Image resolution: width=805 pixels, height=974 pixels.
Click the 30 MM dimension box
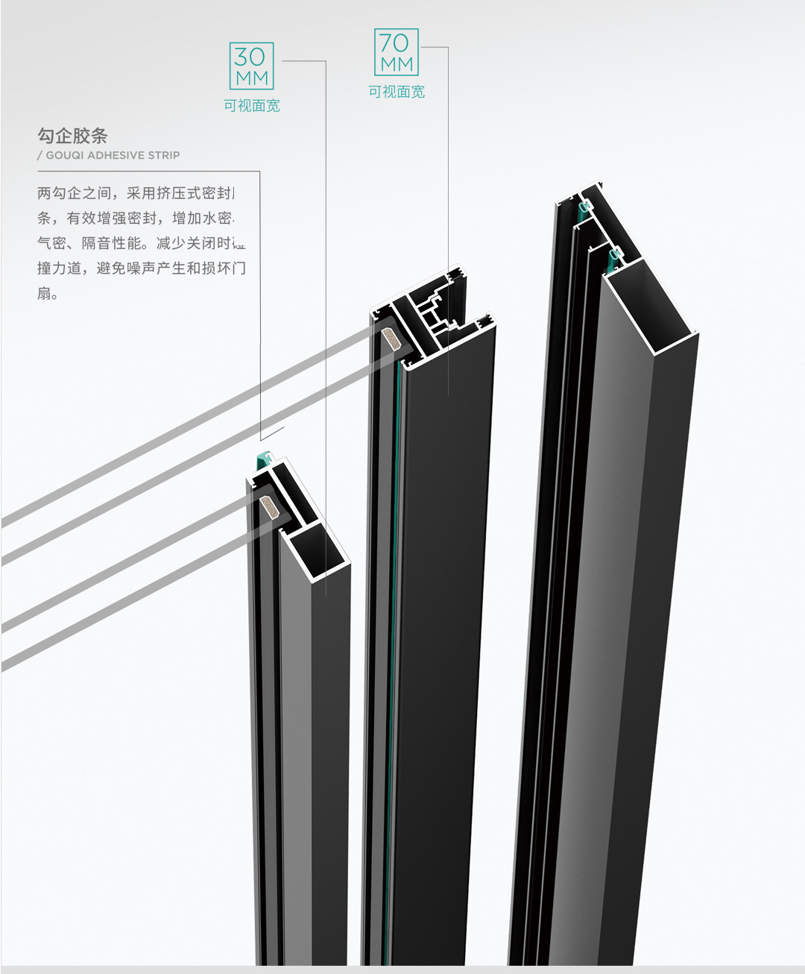(252, 66)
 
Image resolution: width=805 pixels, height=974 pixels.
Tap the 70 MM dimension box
(396, 52)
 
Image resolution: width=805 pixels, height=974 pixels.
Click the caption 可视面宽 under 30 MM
(252, 106)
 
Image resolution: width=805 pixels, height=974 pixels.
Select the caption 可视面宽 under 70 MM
(397, 92)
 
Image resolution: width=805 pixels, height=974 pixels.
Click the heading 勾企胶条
(72, 136)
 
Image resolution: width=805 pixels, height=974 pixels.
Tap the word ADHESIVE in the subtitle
(116, 155)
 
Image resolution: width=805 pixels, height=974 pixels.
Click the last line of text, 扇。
(48, 293)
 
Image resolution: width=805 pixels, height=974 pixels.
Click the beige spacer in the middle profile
(391, 340)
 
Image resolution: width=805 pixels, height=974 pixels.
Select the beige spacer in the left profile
(268, 509)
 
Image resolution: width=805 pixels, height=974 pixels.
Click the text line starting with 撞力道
(142, 268)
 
